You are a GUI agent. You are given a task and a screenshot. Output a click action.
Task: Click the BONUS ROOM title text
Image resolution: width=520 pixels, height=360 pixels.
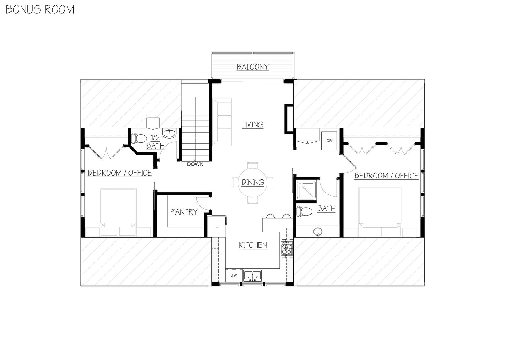40,9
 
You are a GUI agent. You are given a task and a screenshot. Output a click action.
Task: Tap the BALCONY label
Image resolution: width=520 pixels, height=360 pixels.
253,67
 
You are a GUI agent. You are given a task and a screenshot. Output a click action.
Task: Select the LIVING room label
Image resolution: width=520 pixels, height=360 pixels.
253,125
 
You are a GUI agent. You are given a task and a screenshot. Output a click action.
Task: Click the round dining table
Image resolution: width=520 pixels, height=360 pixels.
253,183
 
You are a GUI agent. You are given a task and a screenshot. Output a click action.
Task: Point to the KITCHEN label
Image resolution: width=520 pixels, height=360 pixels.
253,245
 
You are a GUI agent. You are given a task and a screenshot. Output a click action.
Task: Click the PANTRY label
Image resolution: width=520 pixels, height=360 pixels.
184,212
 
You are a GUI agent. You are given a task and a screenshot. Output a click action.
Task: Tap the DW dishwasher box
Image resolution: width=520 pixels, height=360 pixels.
234,275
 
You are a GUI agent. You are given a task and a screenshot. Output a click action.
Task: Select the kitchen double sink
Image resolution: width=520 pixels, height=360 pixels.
253,275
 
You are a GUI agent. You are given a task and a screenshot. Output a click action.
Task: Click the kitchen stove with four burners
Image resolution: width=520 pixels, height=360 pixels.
287,248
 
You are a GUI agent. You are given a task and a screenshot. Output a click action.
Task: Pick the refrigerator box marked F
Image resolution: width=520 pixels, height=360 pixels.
217,226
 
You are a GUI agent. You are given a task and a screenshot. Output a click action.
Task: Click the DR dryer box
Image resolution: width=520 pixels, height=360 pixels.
329,141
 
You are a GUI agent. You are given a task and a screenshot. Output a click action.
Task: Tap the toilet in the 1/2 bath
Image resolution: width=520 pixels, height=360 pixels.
139,138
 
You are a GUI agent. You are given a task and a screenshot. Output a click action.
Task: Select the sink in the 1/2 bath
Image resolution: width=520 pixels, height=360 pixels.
169,133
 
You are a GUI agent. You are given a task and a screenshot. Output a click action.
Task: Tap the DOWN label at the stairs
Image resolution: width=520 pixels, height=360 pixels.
195,164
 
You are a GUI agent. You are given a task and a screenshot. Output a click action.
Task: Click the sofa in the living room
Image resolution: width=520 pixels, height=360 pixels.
222,122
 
